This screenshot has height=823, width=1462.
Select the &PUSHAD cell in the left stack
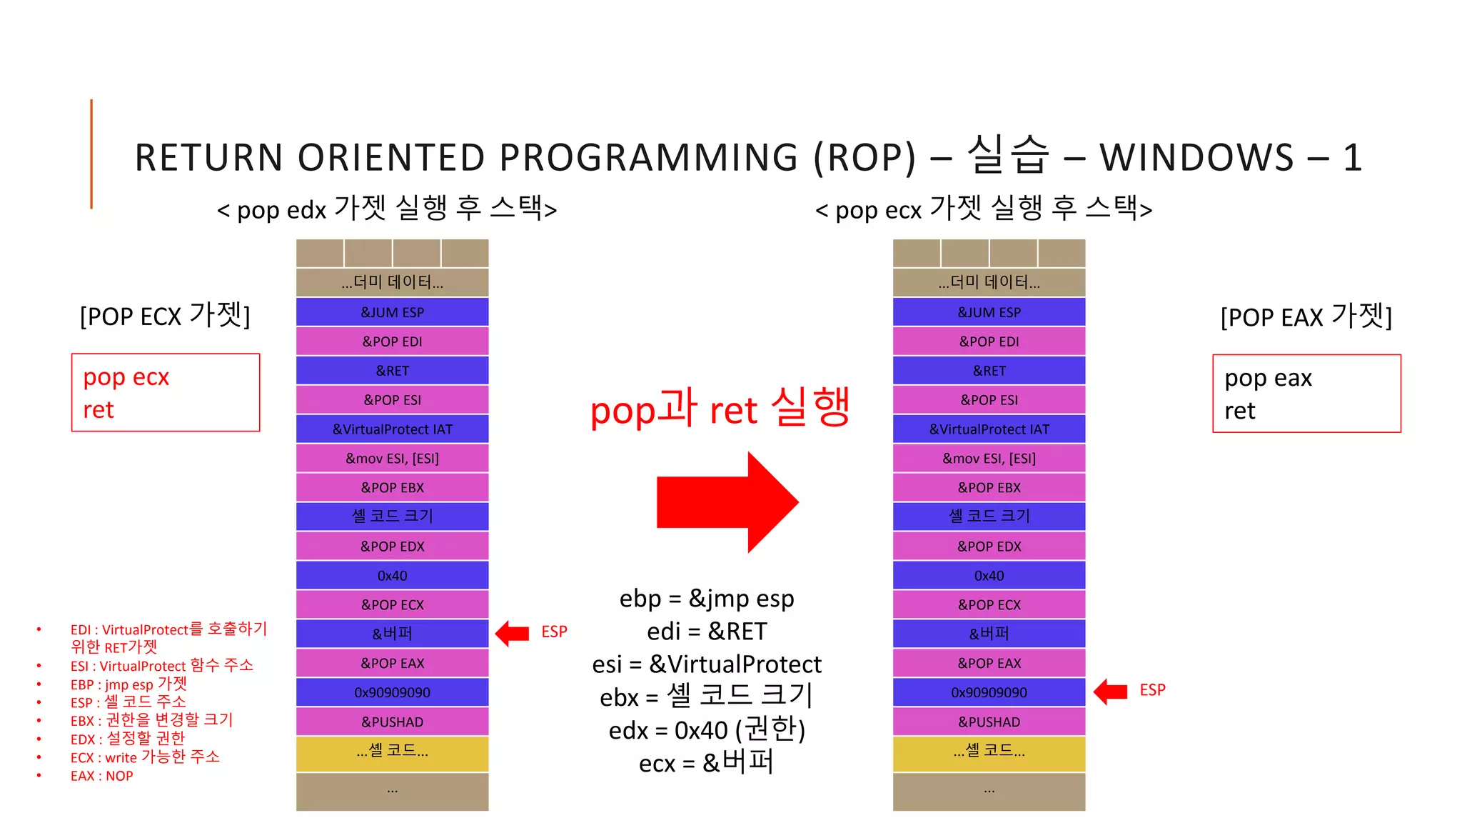392,722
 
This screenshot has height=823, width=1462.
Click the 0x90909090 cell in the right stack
989,692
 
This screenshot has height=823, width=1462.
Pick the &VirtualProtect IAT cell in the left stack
392,429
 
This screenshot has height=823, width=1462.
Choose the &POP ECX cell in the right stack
989,604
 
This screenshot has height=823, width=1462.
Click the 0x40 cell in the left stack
392,575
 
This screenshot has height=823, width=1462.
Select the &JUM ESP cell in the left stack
392,312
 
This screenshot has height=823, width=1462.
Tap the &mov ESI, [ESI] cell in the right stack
989,459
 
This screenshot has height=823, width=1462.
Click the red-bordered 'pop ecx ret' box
166,392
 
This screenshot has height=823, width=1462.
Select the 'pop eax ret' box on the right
1306,393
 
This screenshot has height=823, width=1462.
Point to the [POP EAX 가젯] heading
1306,316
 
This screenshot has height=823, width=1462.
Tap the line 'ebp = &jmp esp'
707,599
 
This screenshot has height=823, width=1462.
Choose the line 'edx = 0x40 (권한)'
707,730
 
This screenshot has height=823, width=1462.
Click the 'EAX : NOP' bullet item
101,776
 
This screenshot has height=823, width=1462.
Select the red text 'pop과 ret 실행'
720,409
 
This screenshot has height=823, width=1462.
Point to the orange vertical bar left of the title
91,154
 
